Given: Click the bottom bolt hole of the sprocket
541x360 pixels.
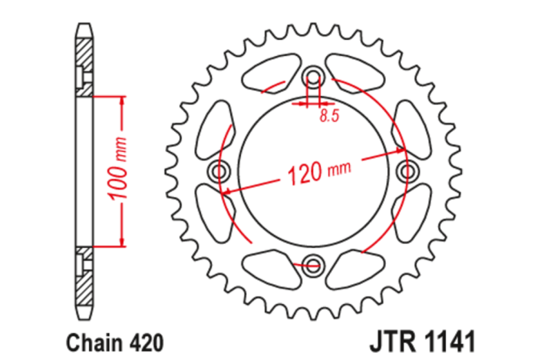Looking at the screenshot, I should tap(313, 265).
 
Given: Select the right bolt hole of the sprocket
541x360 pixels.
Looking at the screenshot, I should tap(407, 170).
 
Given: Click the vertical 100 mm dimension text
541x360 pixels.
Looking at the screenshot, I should tap(118, 172).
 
